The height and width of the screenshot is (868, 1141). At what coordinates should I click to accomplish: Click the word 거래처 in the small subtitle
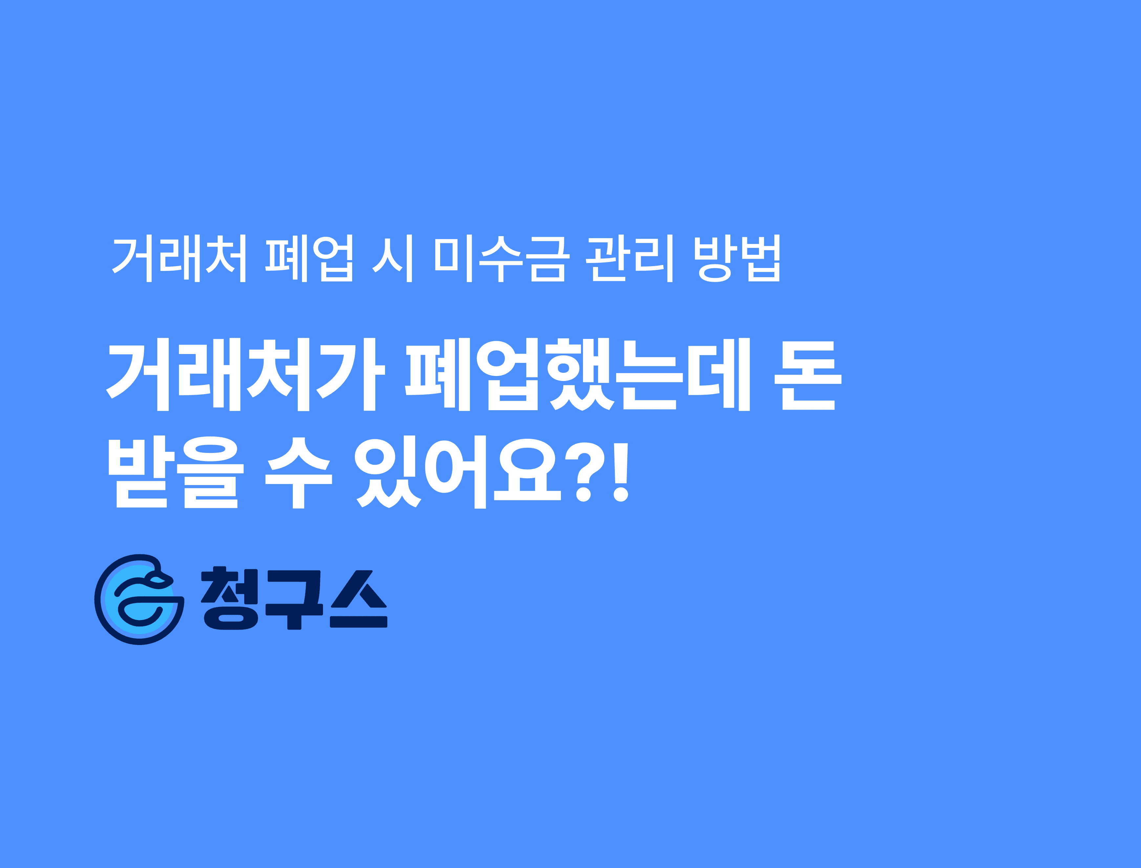pos(179,258)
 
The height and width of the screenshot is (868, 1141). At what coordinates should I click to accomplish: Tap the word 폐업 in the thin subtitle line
pos(309,258)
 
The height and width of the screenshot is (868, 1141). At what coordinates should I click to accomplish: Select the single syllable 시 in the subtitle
pos(392,258)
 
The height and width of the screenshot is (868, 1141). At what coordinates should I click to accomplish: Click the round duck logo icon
pos(140,599)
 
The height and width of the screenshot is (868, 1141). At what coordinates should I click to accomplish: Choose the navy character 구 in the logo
pos(294,599)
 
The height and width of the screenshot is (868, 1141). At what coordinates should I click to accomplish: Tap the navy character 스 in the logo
pos(359,599)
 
